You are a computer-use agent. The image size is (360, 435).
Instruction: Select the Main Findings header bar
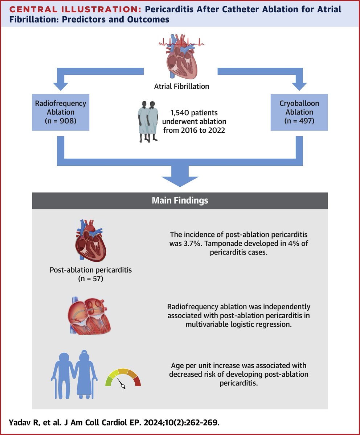pos(180,200)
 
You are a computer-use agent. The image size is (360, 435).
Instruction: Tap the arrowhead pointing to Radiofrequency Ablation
pos(60,86)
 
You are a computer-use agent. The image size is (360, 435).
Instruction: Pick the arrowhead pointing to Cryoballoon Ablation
pos(300,86)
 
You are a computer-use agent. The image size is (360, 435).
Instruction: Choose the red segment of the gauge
pos(136,381)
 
